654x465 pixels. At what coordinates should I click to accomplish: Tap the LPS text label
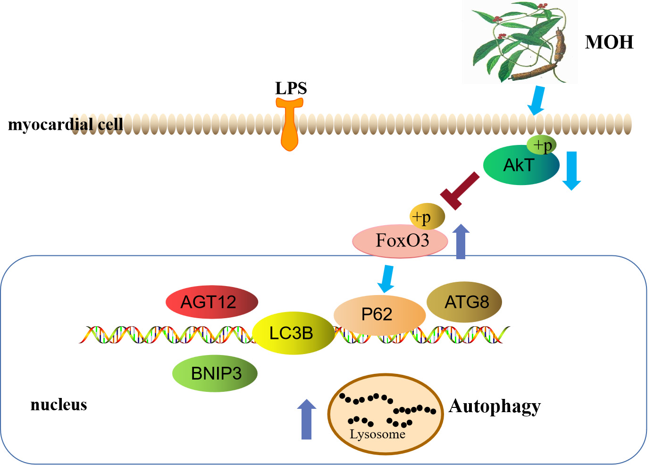coord(291,88)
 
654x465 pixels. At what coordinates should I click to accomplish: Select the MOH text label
coord(609,42)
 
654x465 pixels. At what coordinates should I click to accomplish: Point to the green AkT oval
coord(519,166)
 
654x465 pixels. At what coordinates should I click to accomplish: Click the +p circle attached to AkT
coord(542,145)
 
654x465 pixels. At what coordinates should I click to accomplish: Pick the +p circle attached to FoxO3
coord(427,217)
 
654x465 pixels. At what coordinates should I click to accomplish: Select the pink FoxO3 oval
coord(400,241)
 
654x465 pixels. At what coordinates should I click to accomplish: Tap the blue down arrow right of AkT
coord(572,170)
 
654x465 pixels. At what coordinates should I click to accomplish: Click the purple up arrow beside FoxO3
coord(461,241)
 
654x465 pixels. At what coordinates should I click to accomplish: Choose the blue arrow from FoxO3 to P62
coord(386,279)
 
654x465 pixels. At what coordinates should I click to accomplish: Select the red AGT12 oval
coord(211,302)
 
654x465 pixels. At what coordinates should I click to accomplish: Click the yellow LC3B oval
coord(293,333)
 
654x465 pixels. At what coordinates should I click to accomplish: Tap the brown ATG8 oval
coord(464,302)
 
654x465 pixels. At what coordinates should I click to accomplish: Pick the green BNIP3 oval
coord(215,373)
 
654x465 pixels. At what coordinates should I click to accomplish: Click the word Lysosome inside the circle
coord(377,434)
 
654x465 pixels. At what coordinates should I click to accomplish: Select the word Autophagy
coord(495,406)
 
